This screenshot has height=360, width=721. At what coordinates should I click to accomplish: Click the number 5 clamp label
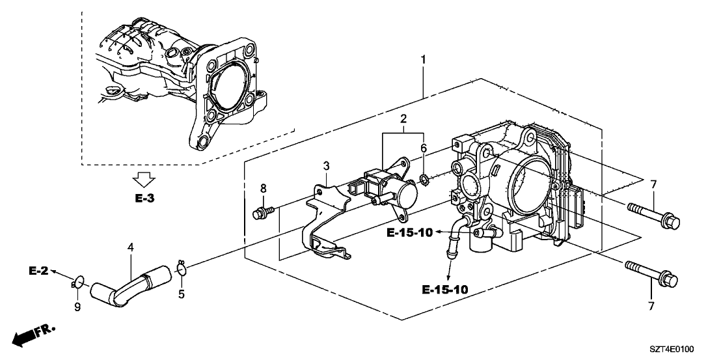(x=182, y=294)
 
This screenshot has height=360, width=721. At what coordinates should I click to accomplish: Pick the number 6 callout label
(x=423, y=148)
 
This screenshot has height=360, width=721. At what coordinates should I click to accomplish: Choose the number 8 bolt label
(x=263, y=190)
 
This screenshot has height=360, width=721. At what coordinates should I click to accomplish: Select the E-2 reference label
(x=39, y=270)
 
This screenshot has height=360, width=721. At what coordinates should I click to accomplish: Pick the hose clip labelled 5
(x=182, y=268)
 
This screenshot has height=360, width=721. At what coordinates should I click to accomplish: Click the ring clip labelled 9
(x=77, y=282)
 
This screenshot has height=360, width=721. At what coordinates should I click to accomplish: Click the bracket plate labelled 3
(x=325, y=215)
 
